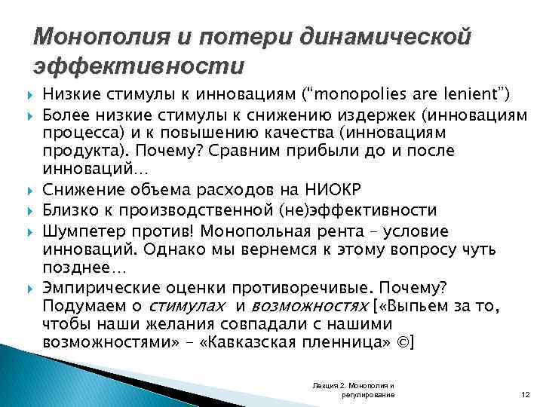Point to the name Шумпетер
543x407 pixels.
(x=82, y=231)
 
